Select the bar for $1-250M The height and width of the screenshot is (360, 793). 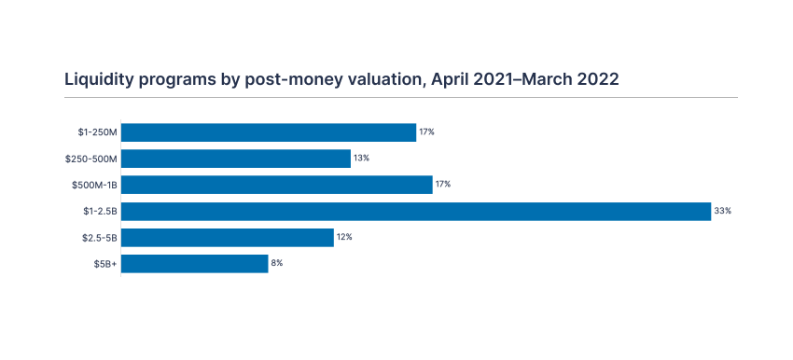pos(269,132)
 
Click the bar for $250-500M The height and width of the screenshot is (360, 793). pos(236,159)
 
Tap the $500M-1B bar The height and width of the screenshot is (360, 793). pos(277,185)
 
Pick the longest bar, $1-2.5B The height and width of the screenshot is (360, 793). pos(416,212)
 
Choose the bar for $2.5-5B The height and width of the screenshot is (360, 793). pos(228,238)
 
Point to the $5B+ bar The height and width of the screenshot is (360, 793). pos(195,264)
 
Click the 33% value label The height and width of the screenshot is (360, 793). pos(722,212)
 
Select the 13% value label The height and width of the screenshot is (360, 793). pos(361,159)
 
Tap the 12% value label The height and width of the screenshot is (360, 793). pos(344,238)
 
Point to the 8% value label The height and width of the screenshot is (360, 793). pos(277,264)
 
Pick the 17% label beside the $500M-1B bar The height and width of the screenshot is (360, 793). pos(443,185)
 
